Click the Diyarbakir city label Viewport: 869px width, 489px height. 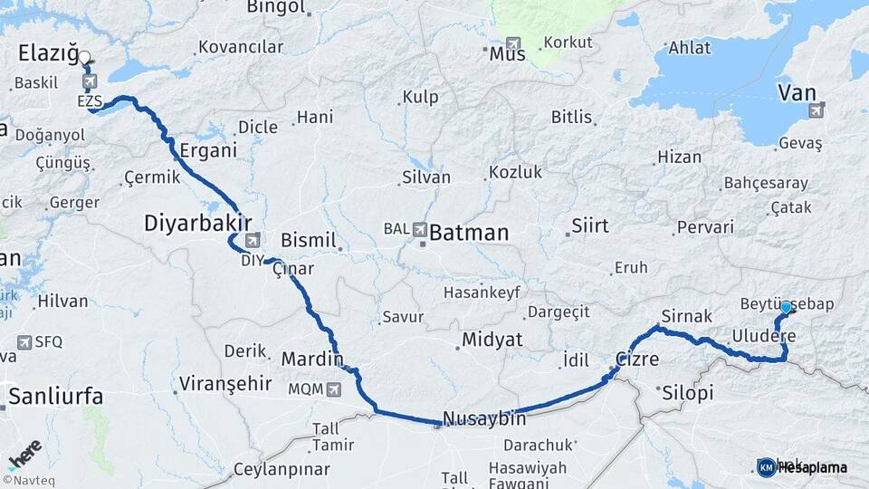coord(197,223)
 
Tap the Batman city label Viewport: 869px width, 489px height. coord(468,233)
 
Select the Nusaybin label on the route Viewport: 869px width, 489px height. coord(483,419)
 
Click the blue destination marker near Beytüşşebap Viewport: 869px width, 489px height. coord(786,308)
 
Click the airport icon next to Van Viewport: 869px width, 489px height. coord(817,110)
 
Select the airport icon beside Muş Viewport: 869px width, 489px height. coord(514,43)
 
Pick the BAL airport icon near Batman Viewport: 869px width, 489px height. coord(419,230)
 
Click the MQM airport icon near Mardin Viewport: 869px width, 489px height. coord(334,388)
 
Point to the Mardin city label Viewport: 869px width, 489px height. coord(312,360)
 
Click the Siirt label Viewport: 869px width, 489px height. coord(590,225)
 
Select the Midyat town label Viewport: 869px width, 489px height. coord(492,340)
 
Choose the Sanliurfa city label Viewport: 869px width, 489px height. coord(55,396)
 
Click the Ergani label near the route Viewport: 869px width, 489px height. coord(207,150)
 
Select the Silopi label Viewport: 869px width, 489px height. coord(688,393)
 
